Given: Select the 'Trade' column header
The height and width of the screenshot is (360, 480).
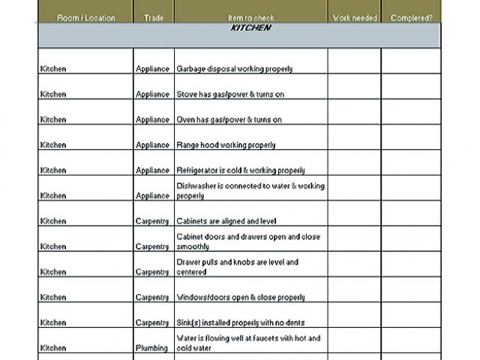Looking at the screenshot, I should coord(153,17).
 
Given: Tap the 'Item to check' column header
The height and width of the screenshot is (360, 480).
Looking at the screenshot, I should coord(250,17).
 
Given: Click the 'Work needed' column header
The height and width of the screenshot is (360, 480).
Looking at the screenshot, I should coord(354,17).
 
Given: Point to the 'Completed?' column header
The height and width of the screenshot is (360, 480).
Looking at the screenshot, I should coord(411,17).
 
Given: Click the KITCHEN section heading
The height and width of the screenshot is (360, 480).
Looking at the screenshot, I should coord(250,28).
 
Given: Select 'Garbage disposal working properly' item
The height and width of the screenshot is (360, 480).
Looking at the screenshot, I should coord(234,69).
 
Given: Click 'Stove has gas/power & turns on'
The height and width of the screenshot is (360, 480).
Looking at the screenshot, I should coord(229,94).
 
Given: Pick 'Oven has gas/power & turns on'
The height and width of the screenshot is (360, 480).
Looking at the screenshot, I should coord(229,120).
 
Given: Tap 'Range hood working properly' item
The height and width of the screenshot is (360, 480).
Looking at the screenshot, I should coord(225,145).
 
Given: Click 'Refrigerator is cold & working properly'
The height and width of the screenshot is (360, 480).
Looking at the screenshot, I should coord(240,170).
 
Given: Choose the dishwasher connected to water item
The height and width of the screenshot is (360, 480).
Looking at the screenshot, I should coord(250,190).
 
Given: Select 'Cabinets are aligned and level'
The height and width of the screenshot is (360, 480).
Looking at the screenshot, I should coord(227,221).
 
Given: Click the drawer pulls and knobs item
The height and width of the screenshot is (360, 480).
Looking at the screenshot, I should coord(237,267).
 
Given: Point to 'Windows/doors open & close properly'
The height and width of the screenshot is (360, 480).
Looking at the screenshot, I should coord(240,298).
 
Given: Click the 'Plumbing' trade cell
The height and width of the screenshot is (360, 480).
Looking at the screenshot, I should coord(152,348).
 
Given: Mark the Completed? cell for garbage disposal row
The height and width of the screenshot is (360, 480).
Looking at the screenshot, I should coord(411,62).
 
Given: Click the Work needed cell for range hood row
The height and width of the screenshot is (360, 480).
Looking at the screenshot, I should coord(354,138).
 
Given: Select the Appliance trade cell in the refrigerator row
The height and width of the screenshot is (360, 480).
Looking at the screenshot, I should coord(152,170).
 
